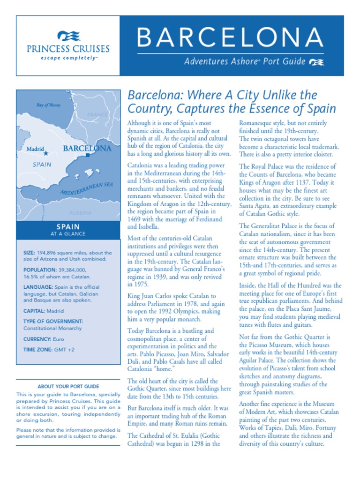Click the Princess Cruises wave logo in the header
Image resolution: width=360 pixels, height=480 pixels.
pos(68,36)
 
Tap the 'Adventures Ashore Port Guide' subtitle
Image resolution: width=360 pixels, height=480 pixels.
pos(245,61)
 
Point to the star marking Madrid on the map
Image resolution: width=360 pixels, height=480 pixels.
pos(46,153)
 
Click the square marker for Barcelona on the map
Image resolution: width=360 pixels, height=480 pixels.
pos(88,155)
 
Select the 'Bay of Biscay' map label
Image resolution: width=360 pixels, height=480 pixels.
pos(49,105)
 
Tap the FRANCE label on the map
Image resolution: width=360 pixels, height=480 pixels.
pos(97,115)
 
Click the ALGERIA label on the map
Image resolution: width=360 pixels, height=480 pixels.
pos(80,213)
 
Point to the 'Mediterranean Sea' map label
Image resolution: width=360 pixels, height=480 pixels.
pos(87,188)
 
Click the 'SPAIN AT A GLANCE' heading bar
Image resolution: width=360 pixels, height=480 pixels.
pos(68,230)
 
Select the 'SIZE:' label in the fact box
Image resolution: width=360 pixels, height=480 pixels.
pos(30,253)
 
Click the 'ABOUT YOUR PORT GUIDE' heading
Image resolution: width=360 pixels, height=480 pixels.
pos(68,387)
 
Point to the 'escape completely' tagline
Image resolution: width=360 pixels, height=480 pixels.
pos(68,58)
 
